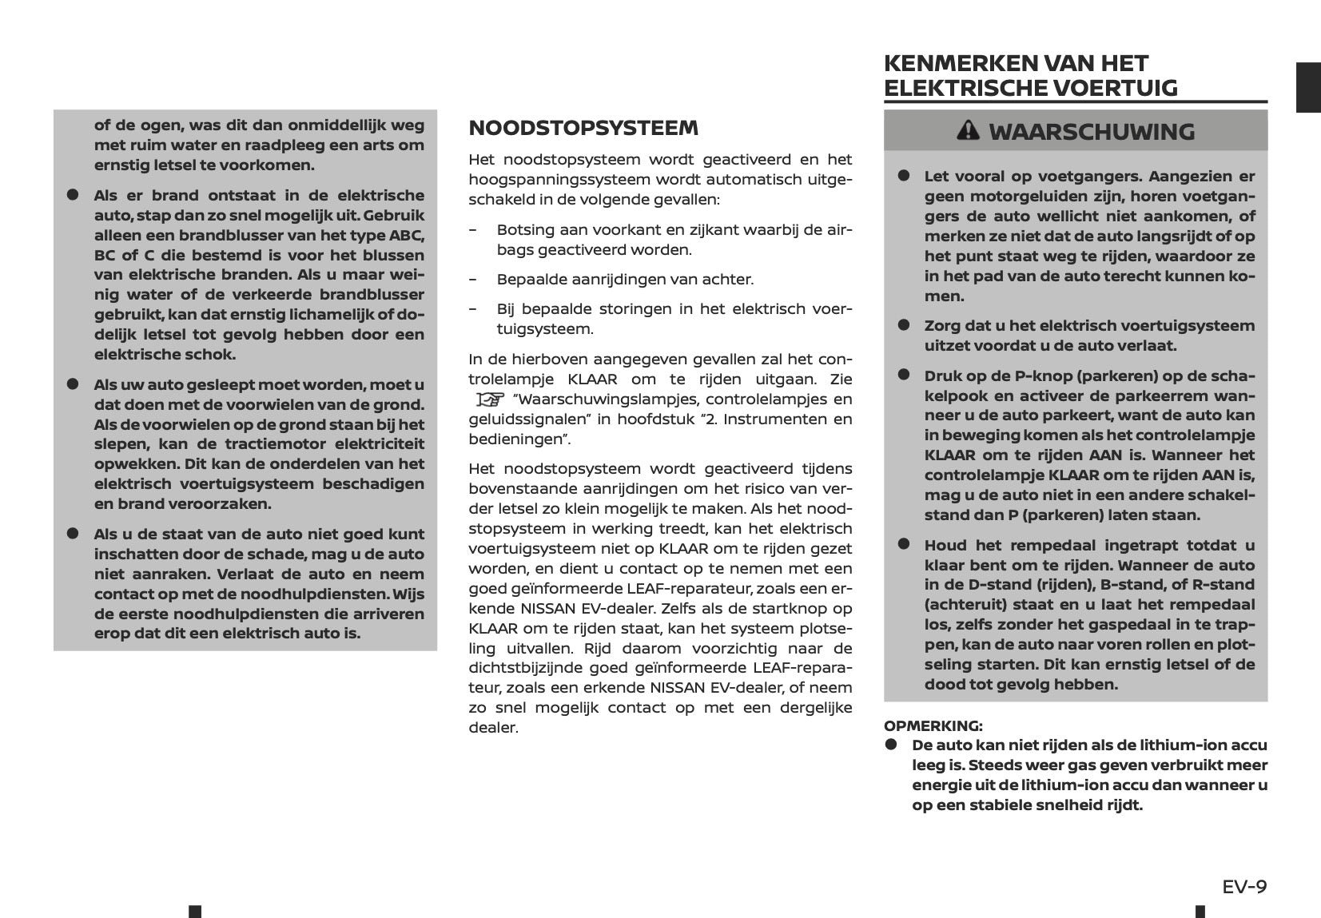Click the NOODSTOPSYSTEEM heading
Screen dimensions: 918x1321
(583, 128)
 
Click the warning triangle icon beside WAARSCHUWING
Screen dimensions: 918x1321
(968, 131)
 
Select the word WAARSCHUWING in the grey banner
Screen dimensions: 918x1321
(1092, 132)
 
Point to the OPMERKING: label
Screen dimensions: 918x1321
(933, 726)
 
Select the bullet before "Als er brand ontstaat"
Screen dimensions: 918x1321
(73, 195)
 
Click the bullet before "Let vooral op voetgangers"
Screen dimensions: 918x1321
(904, 176)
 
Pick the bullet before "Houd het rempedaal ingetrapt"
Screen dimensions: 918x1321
(904, 544)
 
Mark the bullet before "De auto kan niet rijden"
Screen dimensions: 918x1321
(892, 745)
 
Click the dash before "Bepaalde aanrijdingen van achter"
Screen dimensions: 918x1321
(473, 280)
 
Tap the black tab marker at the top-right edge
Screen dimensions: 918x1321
(1308, 87)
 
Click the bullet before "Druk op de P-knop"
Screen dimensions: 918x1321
(904, 375)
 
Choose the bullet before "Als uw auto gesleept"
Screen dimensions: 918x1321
(73, 384)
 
